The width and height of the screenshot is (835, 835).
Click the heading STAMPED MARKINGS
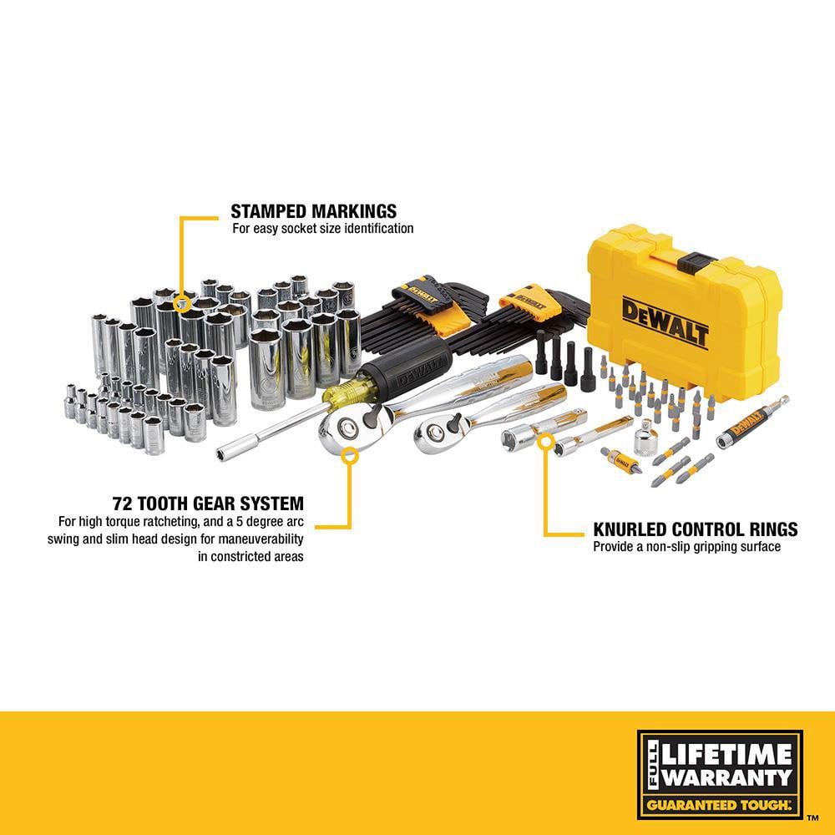(x=314, y=210)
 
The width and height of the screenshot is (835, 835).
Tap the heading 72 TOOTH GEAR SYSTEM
(x=208, y=504)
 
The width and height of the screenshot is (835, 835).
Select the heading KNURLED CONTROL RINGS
(x=695, y=529)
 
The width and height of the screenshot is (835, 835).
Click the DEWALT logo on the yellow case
(x=665, y=322)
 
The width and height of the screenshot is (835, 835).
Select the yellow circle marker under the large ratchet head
(x=350, y=455)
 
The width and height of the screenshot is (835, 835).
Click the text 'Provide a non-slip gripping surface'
(x=686, y=547)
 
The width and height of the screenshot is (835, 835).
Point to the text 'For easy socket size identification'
(x=322, y=228)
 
